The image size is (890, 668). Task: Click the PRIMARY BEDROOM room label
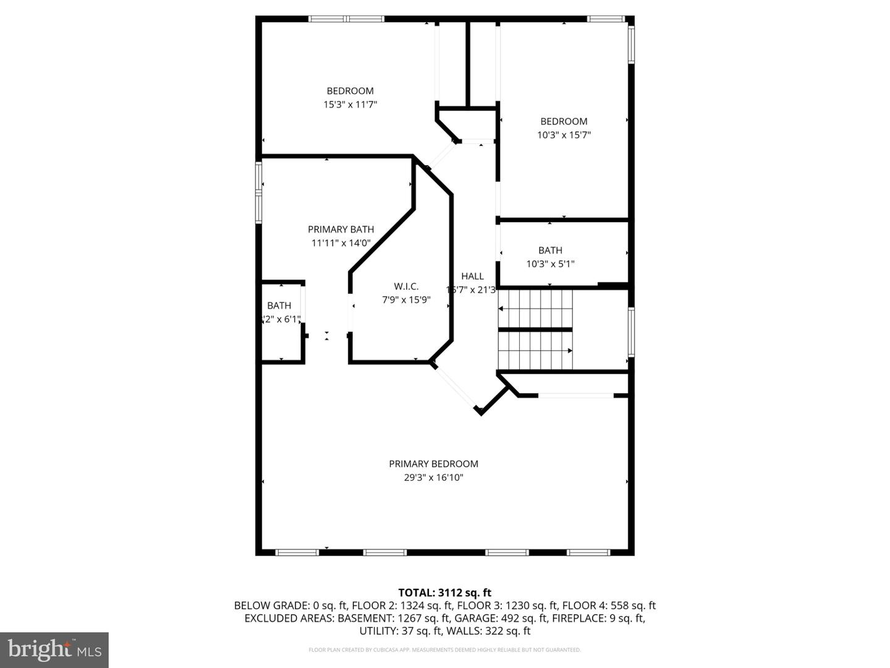point(433,464)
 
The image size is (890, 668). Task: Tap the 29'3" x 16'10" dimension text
point(433,477)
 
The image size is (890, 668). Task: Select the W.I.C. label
point(406,286)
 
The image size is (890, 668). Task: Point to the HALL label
point(472,276)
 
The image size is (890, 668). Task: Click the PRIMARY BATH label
point(341,229)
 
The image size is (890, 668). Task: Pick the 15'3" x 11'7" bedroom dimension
point(350,105)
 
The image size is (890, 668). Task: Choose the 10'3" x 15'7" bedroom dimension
point(564,135)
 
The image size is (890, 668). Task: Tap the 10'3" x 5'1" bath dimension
point(550,263)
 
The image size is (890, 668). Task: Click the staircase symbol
point(535,330)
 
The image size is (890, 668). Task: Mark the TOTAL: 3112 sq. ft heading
point(444,593)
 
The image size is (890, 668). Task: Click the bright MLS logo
point(54,649)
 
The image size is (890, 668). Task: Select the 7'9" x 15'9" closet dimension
point(406,300)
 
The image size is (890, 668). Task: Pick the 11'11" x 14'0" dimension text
point(341,243)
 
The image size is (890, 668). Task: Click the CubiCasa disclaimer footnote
point(444,650)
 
